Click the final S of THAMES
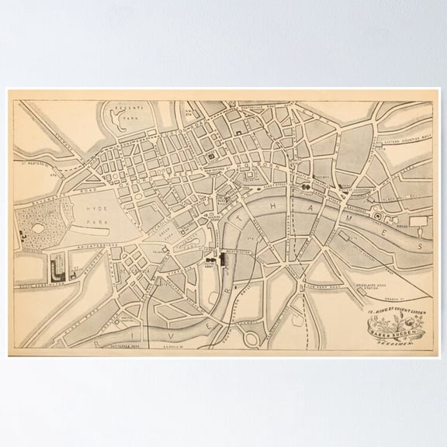(x=420, y=245)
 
